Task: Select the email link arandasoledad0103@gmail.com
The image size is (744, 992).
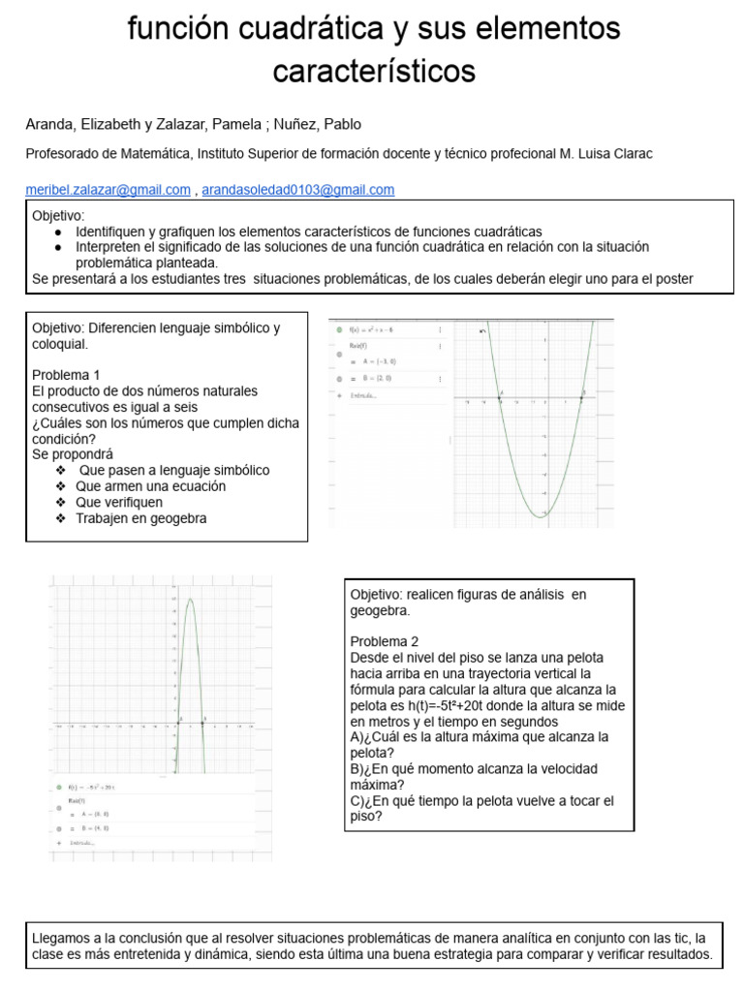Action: pyautogui.click(x=298, y=190)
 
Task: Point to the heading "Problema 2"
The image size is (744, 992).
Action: pyautogui.click(x=385, y=641)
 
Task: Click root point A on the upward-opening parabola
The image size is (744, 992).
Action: pyautogui.click(x=500, y=396)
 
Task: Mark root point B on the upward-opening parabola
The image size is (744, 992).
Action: pyautogui.click(x=582, y=396)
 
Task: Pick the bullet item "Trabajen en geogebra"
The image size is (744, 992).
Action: pyautogui.click(x=143, y=517)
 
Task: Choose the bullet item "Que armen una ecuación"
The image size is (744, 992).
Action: pyautogui.click(x=149, y=486)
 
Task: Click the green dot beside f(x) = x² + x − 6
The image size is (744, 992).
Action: pyautogui.click(x=339, y=329)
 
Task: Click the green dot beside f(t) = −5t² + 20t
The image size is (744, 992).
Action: pyautogui.click(x=60, y=787)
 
